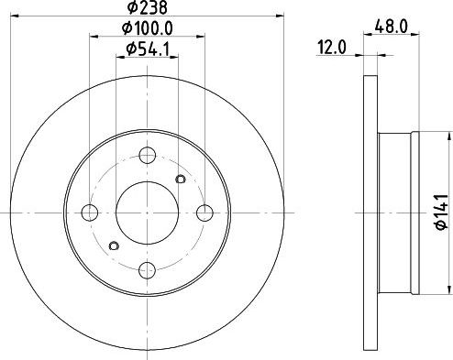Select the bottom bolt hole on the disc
tap(147, 269)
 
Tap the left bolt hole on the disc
tap(89, 212)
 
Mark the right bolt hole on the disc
tap(204, 212)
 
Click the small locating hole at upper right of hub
tap(180, 179)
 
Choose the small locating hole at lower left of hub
tap(114, 245)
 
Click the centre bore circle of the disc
tap(147, 212)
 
